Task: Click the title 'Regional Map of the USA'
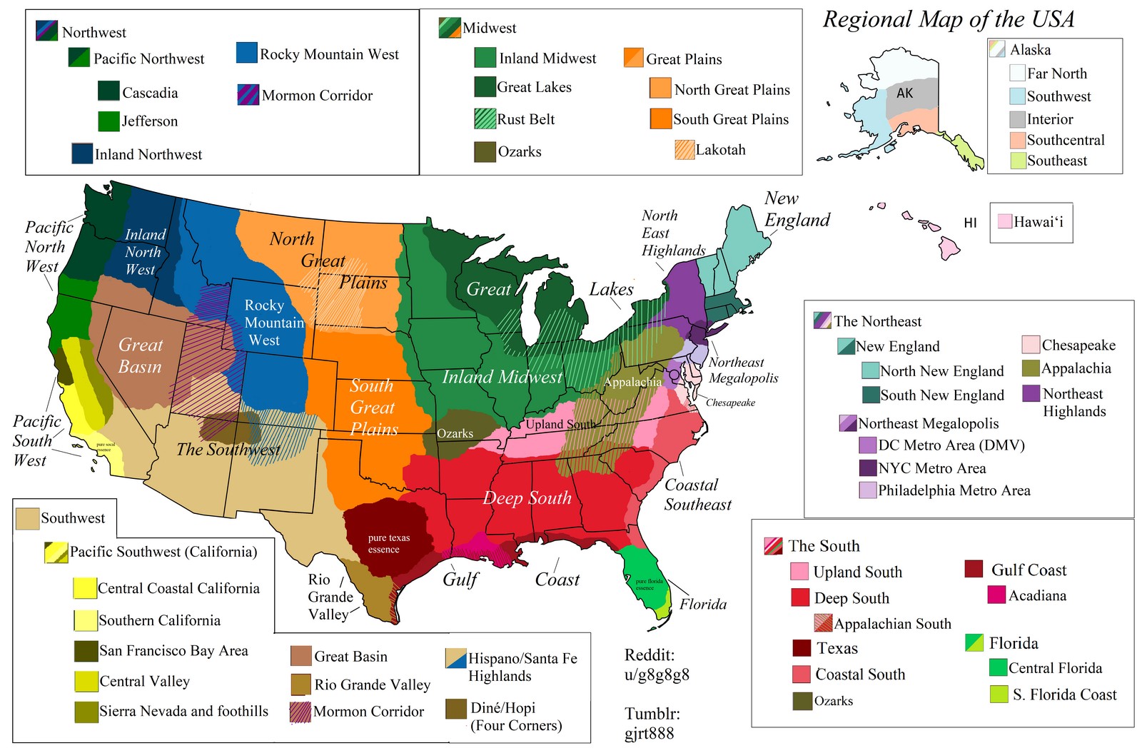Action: point(949,19)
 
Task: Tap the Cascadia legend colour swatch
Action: point(108,91)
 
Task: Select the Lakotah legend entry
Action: point(719,150)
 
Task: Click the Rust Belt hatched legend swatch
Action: point(485,118)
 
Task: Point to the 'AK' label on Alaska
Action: point(904,94)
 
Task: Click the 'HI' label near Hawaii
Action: point(970,223)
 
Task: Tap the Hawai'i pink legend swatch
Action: point(1004,222)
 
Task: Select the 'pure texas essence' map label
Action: point(389,543)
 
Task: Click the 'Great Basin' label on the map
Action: point(140,355)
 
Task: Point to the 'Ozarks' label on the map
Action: point(455,433)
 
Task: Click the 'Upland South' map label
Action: point(560,425)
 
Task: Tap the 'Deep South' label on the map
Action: point(527,498)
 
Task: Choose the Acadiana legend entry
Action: point(1036,595)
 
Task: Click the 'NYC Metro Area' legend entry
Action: point(931,468)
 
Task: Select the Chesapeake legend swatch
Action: point(1030,345)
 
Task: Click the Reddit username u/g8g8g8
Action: point(657,674)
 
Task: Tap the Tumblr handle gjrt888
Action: point(650,733)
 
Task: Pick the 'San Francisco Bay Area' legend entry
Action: point(173,650)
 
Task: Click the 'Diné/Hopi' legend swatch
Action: point(456,709)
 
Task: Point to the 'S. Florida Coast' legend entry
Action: point(1063,694)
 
